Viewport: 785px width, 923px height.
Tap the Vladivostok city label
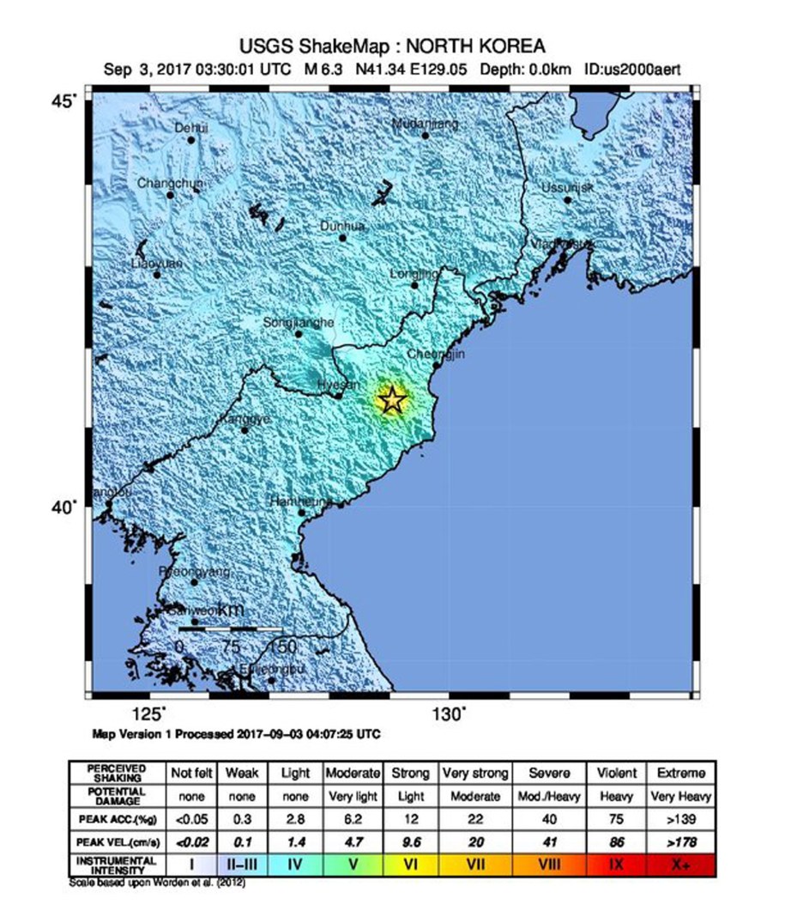[x=561, y=244]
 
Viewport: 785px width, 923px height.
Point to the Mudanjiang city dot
[x=426, y=135]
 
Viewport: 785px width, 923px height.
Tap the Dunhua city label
[x=343, y=226]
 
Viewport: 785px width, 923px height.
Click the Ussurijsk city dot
[x=568, y=200]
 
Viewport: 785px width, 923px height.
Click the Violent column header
[x=616, y=773]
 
